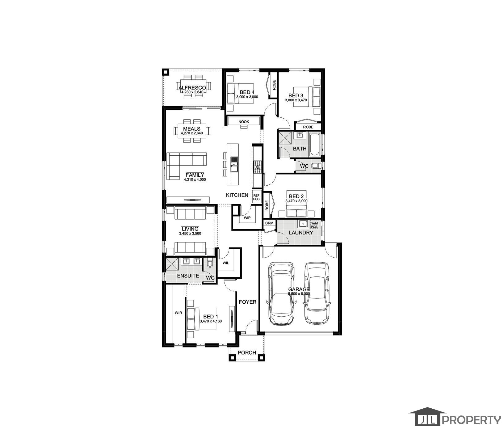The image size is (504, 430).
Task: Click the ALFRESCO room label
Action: (x=192, y=88)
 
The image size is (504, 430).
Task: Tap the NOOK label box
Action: (x=244, y=122)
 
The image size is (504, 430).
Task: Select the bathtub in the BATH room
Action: (x=315, y=145)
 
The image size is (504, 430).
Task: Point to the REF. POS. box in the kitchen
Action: (x=257, y=197)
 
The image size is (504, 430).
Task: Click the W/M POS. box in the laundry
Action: (x=314, y=225)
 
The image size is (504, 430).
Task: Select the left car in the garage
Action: (x=282, y=293)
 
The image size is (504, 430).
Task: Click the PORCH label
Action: (x=247, y=352)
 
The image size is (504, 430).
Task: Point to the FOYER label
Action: (x=248, y=302)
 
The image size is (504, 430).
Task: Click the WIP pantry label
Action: (x=247, y=217)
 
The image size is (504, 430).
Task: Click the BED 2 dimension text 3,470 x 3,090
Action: (x=296, y=201)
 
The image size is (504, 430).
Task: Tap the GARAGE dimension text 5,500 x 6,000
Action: (x=299, y=294)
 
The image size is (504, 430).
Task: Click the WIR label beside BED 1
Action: (x=178, y=313)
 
